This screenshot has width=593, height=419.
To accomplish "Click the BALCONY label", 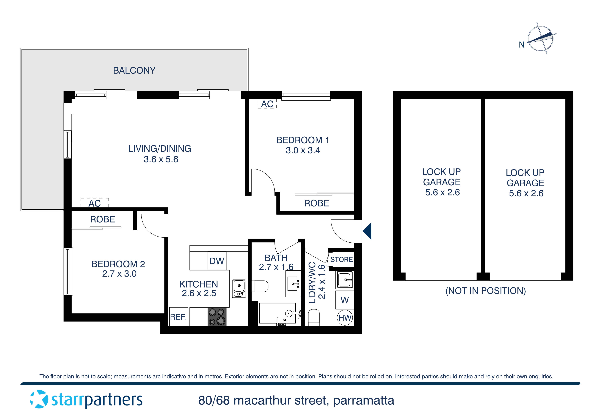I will coord(134,70).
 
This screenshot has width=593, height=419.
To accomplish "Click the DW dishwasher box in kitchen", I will coord(217,261).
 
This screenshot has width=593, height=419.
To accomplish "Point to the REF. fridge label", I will coord(178,317).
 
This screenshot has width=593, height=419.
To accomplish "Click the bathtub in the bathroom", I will coord(278,313).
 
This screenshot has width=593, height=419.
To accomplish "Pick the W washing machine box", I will coord(345,300).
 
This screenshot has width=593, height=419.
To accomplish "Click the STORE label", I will coord(341,260).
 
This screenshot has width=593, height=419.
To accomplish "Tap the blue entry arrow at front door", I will coord(367,231).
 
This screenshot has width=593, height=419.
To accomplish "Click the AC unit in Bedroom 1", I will coord(267,104).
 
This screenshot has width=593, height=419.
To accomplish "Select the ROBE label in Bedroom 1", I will coord(316,203).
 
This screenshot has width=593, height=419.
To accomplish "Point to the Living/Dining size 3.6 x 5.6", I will coord(161,159).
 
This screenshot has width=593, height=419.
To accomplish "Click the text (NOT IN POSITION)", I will coord(485,291).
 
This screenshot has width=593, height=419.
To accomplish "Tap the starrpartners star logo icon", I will coord(39,399).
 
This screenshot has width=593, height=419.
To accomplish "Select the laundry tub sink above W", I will coord(345,280).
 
